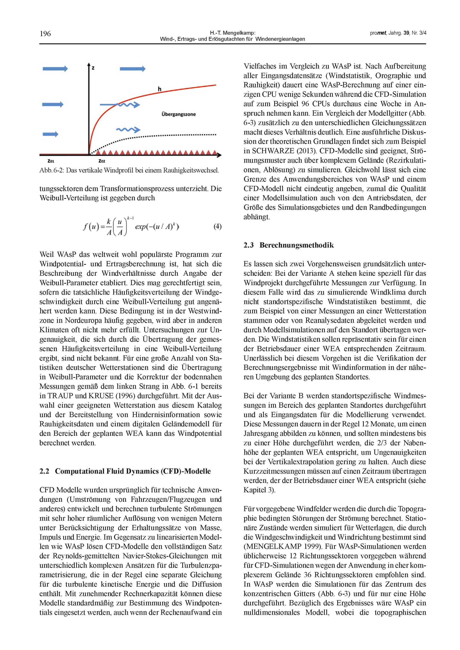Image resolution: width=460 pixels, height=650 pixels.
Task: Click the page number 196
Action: point(45,34)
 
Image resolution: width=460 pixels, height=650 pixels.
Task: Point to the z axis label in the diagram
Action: point(93,68)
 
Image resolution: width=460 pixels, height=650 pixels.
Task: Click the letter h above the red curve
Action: point(159,89)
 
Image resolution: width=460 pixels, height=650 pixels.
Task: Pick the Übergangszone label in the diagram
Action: point(178,114)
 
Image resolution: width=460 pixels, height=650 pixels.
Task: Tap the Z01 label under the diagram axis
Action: point(51,161)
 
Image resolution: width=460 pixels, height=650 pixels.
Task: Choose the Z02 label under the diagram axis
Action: point(102,161)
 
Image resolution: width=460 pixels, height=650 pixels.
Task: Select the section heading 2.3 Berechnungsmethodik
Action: point(289,245)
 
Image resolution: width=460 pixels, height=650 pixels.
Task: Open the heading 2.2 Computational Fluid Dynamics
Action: point(125,471)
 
